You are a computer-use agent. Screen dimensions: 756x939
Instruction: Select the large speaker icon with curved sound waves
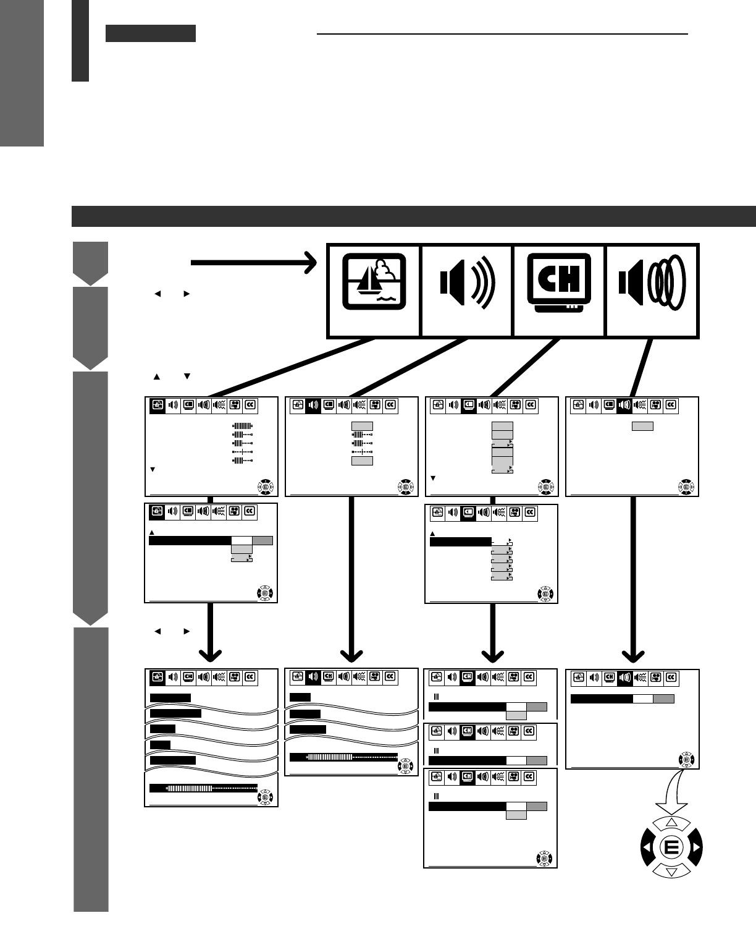click(467, 290)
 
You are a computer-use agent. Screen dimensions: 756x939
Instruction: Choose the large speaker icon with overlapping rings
click(652, 290)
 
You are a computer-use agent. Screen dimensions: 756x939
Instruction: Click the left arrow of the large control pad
click(647, 847)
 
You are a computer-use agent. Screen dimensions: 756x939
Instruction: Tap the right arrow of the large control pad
click(695, 847)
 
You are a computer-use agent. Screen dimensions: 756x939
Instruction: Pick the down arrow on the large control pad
click(671, 871)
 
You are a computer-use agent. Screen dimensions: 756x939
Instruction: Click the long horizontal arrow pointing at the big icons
click(253, 263)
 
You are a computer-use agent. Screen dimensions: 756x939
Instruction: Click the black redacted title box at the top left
click(151, 33)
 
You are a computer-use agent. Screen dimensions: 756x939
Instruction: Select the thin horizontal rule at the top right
click(502, 34)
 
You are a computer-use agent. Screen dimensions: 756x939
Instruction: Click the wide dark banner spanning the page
click(414, 216)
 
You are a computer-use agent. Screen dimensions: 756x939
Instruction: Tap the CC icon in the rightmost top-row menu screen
click(671, 405)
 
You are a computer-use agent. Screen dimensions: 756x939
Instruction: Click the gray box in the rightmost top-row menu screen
click(642, 426)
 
